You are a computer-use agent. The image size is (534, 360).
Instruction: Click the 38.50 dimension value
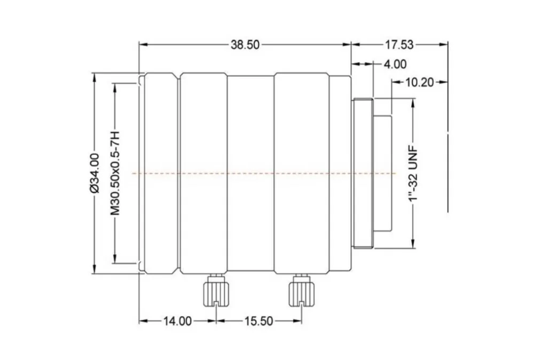click(245, 45)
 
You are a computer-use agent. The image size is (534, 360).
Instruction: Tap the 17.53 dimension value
click(399, 45)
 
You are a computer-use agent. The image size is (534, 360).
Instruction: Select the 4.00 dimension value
click(395, 64)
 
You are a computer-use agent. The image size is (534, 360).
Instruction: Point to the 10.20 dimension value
click(420, 82)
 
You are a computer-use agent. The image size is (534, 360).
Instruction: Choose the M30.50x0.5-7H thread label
click(115, 173)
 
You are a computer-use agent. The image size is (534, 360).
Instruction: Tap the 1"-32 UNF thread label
click(413, 174)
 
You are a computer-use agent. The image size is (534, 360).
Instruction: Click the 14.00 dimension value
click(177, 321)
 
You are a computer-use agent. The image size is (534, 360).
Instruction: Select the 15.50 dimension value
click(259, 321)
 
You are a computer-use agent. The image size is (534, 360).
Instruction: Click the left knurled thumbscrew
click(216, 291)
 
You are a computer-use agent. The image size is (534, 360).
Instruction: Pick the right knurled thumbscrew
click(301, 291)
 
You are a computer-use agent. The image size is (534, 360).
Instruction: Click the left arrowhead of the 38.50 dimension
click(143, 44)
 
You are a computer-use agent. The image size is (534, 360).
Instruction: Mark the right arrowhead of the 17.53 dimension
click(443, 44)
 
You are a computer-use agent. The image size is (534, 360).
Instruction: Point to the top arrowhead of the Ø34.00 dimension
click(94, 77)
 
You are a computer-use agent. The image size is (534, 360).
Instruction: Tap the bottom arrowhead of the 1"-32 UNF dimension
click(413, 244)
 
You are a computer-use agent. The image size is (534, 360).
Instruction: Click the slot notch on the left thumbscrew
click(216, 304)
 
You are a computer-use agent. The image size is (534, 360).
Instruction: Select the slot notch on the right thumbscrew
click(301, 304)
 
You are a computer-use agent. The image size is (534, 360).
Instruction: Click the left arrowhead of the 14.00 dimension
click(143, 320)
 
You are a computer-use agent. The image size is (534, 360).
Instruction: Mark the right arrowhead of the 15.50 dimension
click(297, 320)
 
